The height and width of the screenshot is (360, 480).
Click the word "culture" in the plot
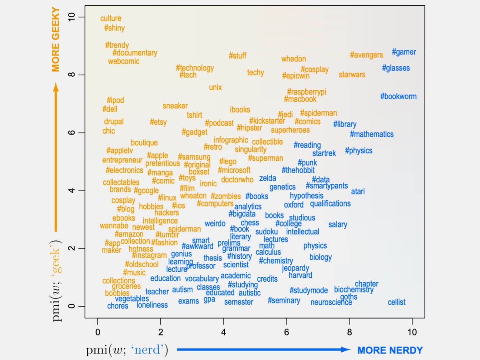point(111,18)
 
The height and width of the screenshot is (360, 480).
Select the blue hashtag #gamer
point(404,52)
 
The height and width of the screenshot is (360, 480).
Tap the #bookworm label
point(398,97)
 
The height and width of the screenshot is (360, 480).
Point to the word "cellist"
point(396,302)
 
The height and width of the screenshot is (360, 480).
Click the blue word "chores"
point(118,306)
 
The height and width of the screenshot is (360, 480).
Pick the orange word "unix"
point(215,87)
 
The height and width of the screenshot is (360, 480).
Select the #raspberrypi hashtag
point(306,92)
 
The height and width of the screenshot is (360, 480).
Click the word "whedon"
point(293,59)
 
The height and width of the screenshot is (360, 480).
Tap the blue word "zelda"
point(267,178)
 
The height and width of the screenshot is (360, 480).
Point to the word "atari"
point(358,191)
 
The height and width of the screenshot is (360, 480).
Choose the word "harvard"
point(300,276)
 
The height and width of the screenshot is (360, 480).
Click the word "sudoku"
point(266,232)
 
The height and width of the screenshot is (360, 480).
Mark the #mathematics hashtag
point(372,134)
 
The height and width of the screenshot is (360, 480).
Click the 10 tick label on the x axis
point(412,332)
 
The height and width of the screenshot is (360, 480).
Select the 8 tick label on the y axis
point(72,75)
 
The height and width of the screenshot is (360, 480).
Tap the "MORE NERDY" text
point(390,350)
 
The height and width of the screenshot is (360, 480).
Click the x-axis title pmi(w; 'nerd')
point(127,350)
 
